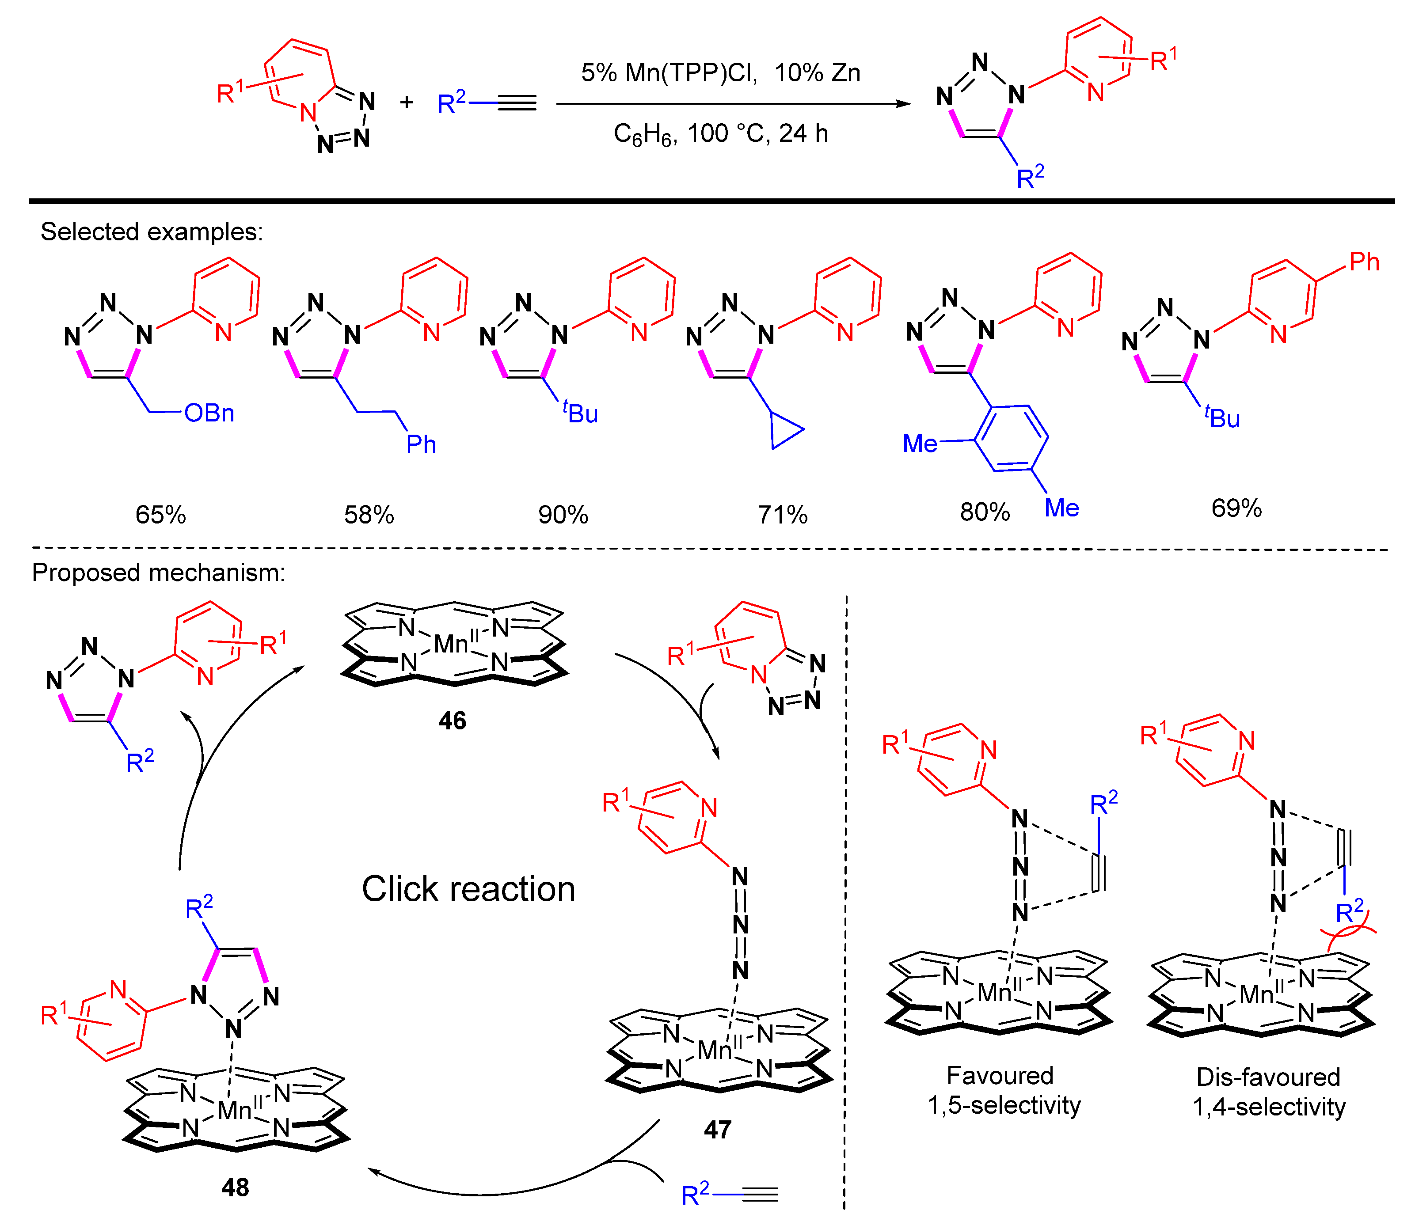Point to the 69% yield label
pyautogui.click(x=1236, y=508)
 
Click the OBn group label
pyautogui.click(x=209, y=413)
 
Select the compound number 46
pyautogui.click(x=452, y=721)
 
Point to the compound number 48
pyautogui.click(x=235, y=1187)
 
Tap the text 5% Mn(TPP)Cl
pyautogui.click(x=669, y=73)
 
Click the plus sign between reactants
pyautogui.click(x=407, y=103)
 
